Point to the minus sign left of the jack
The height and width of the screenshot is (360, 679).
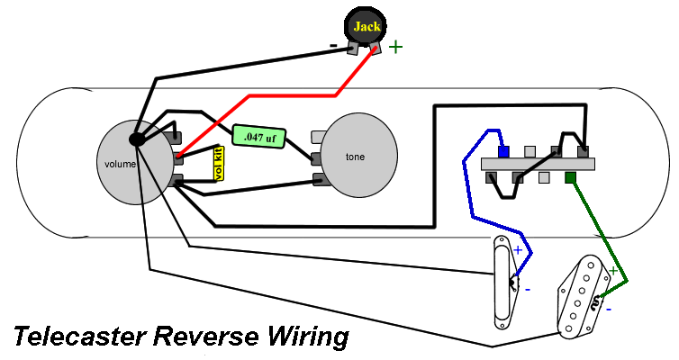(333, 43)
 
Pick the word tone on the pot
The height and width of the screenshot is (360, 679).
(356, 157)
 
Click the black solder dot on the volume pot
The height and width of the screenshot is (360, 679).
(137, 139)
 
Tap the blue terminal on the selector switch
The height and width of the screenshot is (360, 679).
(504, 150)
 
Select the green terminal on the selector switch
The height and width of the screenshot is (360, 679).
(569, 177)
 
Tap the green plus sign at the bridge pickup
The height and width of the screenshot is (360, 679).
(613, 269)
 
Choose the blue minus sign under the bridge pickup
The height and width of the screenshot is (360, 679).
(609, 309)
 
